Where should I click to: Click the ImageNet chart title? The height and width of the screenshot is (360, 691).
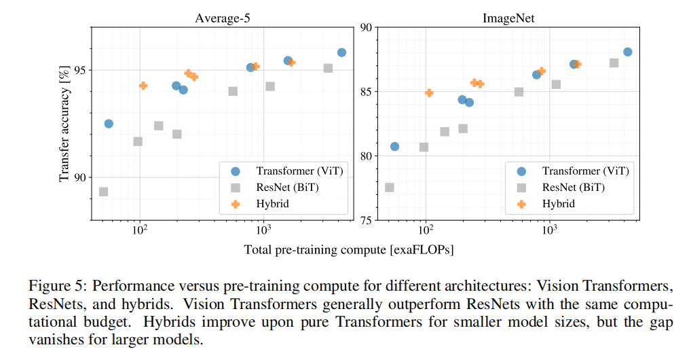point(508,18)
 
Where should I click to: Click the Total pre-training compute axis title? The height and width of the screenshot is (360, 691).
point(349,249)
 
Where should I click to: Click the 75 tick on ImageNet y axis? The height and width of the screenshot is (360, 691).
point(364,221)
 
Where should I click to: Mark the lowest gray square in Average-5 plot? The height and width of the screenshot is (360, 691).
point(104,192)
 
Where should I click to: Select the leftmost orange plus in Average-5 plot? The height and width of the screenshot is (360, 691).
point(143,86)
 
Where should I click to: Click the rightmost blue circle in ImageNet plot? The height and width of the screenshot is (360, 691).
point(628,52)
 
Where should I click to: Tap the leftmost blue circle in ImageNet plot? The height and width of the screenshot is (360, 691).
point(394,146)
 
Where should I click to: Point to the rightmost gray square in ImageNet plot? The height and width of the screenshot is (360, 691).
point(614,63)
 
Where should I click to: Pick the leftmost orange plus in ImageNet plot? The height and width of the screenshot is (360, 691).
point(429,93)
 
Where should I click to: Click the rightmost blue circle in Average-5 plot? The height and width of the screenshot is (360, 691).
point(341,52)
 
